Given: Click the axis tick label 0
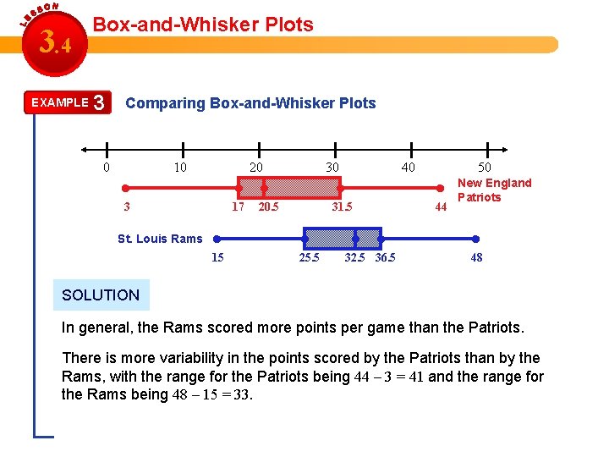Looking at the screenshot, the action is click(106, 168).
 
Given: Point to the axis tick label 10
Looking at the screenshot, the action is click(180, 168).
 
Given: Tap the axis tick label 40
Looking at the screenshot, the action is click(408, 168).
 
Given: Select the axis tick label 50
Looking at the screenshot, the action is click(484, 168).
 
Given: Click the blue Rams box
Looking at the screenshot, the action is click(343, 237).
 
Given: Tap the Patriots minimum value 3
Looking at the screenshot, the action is click(126, 206).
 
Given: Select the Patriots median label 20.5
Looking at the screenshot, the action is click(269, 206).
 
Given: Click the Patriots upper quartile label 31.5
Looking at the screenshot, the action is click(342, 206).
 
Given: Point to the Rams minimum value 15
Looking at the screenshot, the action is click(217, 257).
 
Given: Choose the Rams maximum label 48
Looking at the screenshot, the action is click(477, 257).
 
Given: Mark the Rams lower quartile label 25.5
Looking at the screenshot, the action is click(310, 257).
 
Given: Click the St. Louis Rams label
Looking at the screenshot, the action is click(160, 239).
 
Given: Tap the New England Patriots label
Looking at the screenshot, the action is click(494, 190).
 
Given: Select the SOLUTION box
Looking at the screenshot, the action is click(101, 295).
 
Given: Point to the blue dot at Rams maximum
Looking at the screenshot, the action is click(476, 238).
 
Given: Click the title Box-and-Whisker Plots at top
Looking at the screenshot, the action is click(203, 25).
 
